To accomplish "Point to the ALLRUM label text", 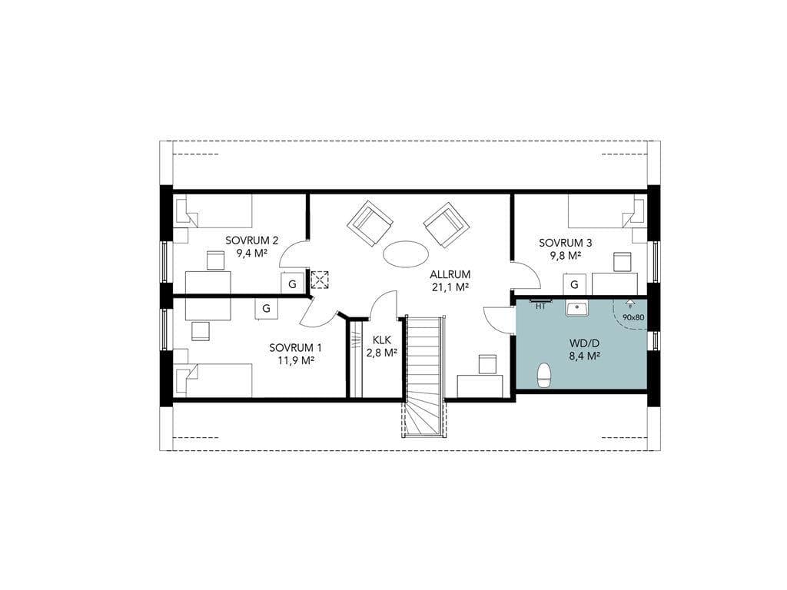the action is [x=450, y=275].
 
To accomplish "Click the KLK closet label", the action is [x=381, y=340].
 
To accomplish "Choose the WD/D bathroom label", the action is [x=585, y=343].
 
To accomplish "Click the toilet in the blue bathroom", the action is [x=543, y=375].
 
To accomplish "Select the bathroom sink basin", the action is [x=578, y=309].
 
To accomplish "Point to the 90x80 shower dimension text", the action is [x=633, y=317].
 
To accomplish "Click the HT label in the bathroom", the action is [x=540, y=307].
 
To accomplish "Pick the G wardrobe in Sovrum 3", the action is [x=575, y=285].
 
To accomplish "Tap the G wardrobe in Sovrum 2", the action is [x=292, y=284].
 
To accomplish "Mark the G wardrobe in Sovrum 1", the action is [x=267, y=308].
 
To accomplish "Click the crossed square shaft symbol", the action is [x=319, y=280].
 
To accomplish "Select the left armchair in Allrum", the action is [x=370, y=224].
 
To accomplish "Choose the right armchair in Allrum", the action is [x=447, y=225].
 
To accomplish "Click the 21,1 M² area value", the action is [x=450, y=287].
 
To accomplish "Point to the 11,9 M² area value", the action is [x=296, y=360].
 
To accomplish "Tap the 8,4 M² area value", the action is [x=585, y=356].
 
